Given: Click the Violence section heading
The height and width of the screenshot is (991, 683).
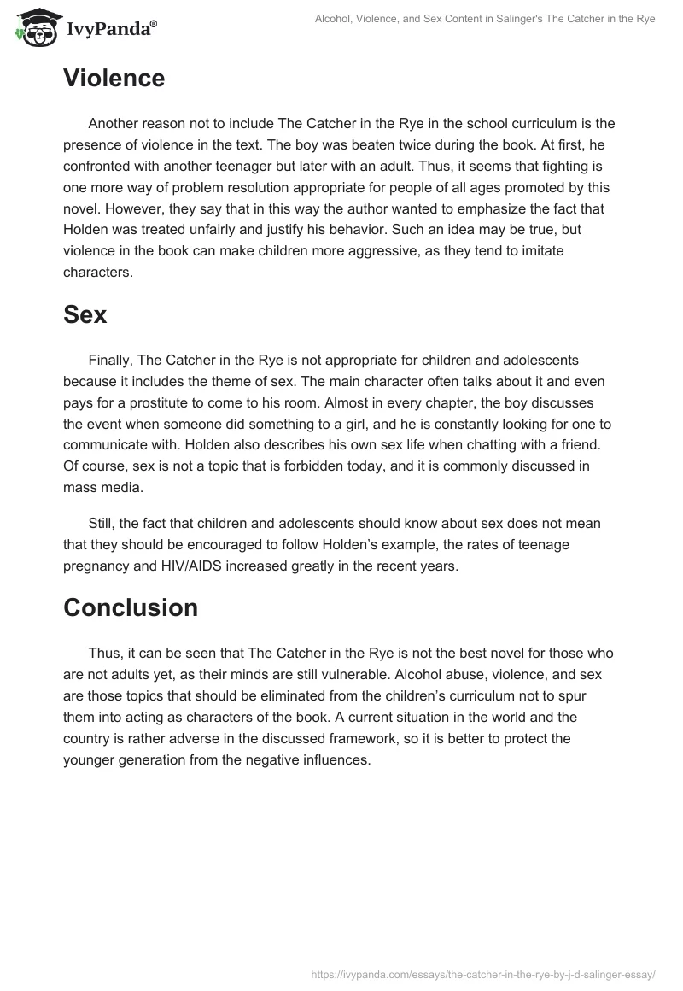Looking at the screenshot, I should point(114,79).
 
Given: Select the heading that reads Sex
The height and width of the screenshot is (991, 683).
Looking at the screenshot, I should point(85,314).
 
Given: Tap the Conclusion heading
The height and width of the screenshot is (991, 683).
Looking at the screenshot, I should point(131,607).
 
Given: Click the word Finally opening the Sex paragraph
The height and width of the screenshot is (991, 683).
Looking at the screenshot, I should point(109,361).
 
